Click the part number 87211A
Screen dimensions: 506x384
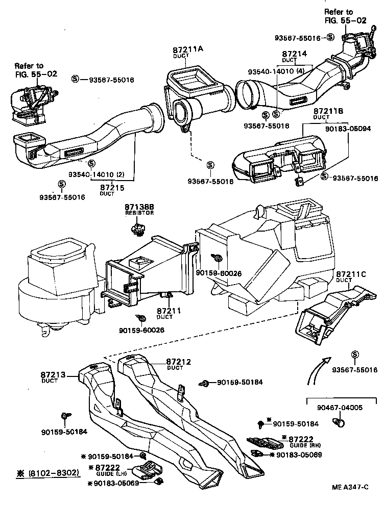point(188,49)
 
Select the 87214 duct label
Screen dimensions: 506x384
point(295,53)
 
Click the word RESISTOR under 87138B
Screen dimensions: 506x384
point(139,213)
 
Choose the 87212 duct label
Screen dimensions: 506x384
point(178,362)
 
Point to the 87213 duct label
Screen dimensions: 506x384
point(53,375)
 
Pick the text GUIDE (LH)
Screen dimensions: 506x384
point(105,474)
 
